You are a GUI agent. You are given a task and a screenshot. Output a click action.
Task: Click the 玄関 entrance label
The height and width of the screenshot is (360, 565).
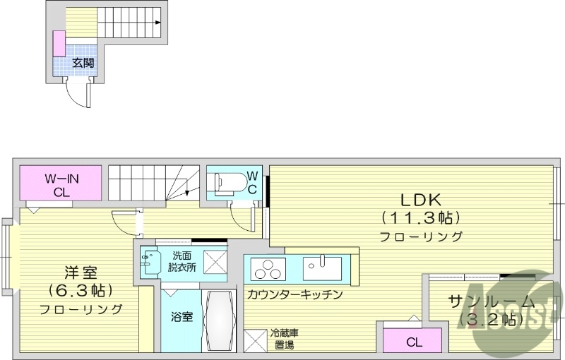[x=83, y=63]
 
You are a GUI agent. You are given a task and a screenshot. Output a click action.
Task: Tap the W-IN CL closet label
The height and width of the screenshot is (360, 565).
[x=61, y=184]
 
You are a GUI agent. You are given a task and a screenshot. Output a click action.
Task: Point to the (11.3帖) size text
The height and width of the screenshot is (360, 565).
[x=421, y=216]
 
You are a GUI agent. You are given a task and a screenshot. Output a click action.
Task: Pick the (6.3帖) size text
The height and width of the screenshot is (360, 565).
[x=81, y=291]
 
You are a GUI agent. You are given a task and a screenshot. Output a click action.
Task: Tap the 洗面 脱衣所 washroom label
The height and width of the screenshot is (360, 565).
[x=182, y=261]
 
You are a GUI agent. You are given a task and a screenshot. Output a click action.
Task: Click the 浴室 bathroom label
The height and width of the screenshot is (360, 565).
[x=182, y=317]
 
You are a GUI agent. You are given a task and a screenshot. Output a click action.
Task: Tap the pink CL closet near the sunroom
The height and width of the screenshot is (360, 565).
[x=414, y=342]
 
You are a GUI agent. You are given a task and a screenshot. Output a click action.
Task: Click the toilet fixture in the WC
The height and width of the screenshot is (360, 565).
[x=230, y=183]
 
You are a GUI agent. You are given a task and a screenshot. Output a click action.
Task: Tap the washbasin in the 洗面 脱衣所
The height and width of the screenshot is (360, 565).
[x=149, y=262]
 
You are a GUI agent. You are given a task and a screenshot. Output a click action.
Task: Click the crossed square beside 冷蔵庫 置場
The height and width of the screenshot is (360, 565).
[x=255, y=340]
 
